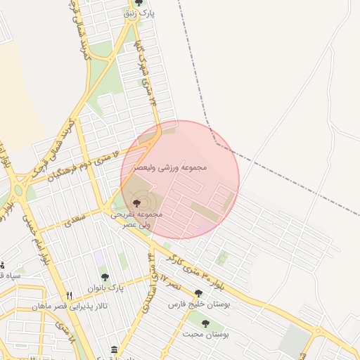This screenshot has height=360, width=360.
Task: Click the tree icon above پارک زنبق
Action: click(x=137, y=4)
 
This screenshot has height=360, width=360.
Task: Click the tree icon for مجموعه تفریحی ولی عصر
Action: click(x=136, y=202)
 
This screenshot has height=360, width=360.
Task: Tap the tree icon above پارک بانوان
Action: click(x=105, y=277)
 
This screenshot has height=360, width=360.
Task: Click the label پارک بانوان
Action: click(x=105, y=288)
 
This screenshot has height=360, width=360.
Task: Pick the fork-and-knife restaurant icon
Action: click(x=69, y=296)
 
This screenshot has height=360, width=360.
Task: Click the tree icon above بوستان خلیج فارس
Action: click(x=199, y=293)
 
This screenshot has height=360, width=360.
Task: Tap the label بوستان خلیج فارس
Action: click(x=199, y=304)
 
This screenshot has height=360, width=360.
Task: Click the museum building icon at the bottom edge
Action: click(x=115, y=349)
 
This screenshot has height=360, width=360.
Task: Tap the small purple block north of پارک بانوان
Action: click(x=100, y=261)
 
